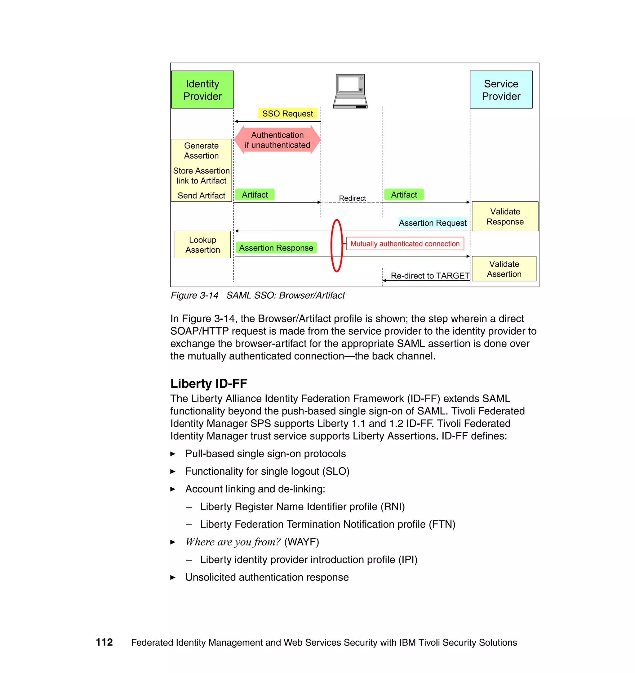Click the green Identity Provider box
click(202, 90)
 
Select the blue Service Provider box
click(501, 90)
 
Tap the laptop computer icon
click(350, 91)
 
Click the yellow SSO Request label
click(287, 114)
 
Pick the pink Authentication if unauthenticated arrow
click(277, 140)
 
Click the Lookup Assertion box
click(202, 245)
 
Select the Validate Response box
click(505, 217)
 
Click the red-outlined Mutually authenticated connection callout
click(405, 244)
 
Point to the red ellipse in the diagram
click(336, 221)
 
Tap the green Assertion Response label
click(276, 248)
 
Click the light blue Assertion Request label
click(432, 223)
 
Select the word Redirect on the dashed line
click(352, 198)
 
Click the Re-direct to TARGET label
click(429, 276)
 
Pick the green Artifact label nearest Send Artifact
click(255, 195)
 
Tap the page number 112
click(104, 642)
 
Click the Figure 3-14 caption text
click(257, 296)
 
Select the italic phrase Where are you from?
click(233, 542)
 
